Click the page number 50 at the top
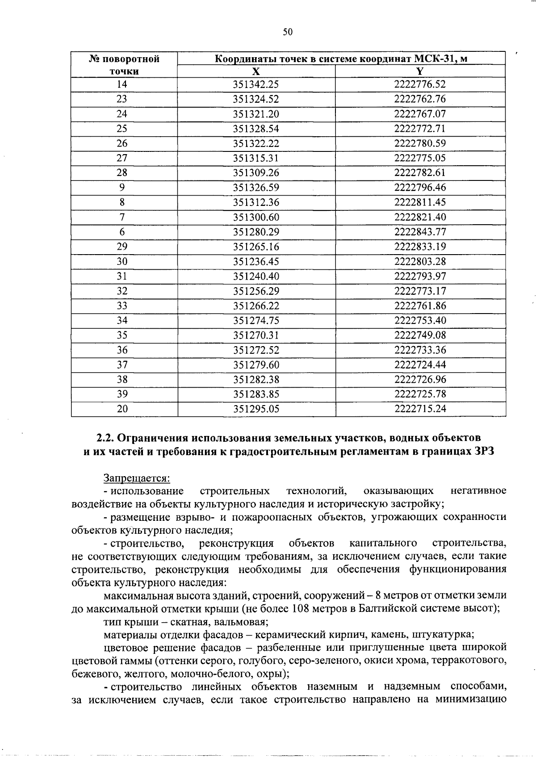tap(288, 32)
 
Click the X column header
tap(255, 71)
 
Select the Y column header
tap(420, 71)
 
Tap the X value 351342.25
tap(256, 84)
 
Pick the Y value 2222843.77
tap(420, 232)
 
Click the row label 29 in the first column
tap(122, 247)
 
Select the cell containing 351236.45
tap(256, 261)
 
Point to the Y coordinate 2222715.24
tap(420, 409)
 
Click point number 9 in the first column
tap(122, 188)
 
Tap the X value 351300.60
tap(256, 217)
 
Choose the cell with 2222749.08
tap(420, 335)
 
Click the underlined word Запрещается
tap(137, 478)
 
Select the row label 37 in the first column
tap(122, 364)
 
